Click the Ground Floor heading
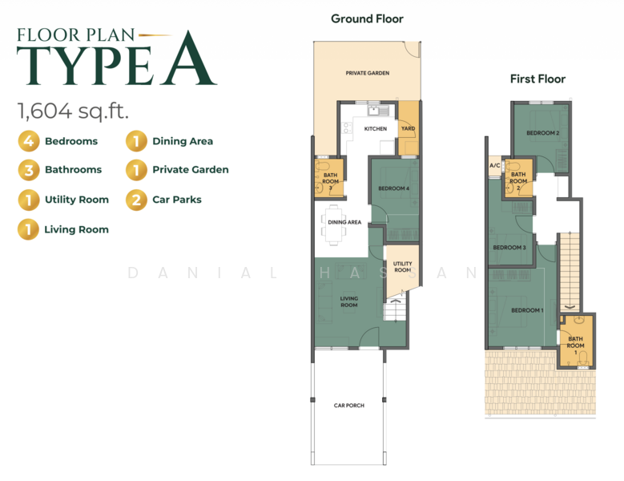(x=367, y=18)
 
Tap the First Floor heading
(x=537, y=79)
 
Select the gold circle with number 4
(x=29, y=141)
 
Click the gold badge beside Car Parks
(x=136, y=200)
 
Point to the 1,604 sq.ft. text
(x=73, y=111)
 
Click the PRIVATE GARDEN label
(x=368, y=73)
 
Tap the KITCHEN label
(x=375, y=128)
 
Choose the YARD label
(x=408, y=128)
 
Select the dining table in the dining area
(x=333, y=224)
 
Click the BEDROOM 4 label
(x=393, y=188)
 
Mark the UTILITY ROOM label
(x=402, y=267)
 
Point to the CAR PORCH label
(x=349, y=406)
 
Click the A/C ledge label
(x=495, y=165)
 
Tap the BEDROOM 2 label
(x=543, y=133)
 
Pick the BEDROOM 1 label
(x=527, y=310)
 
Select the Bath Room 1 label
(x=575, y=346)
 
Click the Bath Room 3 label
(x=330, y=181)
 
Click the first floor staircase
(x=570, y=272)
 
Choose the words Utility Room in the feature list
(x=77, y=200)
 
